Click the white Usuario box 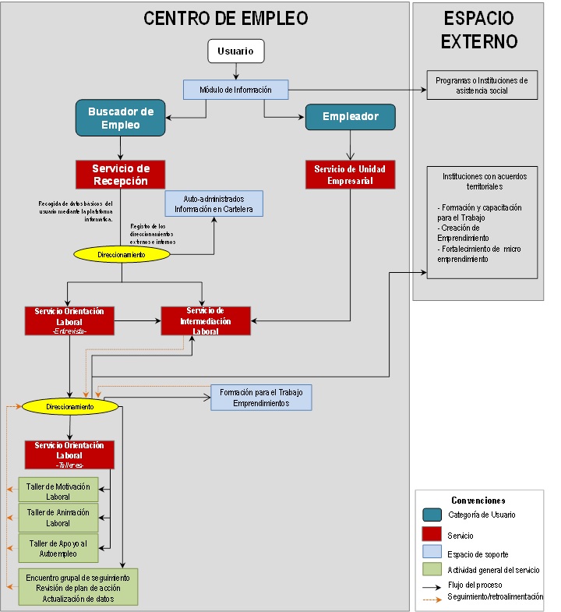(x=235, y=51)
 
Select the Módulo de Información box (x=235, y=90)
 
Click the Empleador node (x=350, y=117)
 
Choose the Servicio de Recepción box (x=120, y=175)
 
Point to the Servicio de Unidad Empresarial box (x=350, y=175)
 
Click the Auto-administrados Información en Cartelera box (x=213, y=203)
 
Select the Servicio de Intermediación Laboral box (x=206, y=320)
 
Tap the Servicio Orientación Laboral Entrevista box (x=69, y=320)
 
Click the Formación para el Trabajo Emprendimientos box (x=261, y=397)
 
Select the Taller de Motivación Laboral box (x=58, y=490)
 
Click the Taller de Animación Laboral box (x=58, y=517)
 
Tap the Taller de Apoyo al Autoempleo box (x=58, y=547)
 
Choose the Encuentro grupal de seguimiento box (x=78, y=587)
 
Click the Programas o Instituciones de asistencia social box (x=482, y=85)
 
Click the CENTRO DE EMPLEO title (x=225, y=19)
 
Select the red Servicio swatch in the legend (x=432, y=535)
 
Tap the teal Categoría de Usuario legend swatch (x=432, y=515)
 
